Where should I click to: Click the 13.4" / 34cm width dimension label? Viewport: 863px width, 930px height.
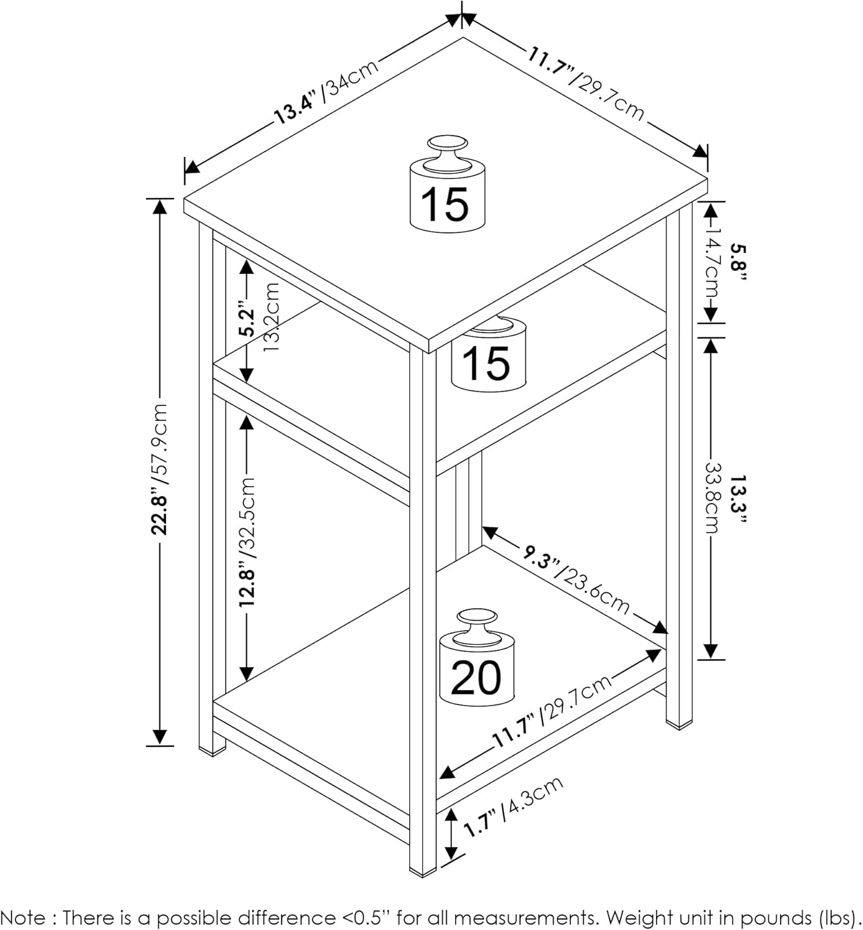tap(326, 92)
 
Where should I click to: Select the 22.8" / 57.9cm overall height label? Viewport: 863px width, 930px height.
tap(159, 469)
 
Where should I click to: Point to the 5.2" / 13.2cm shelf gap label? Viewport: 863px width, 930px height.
tap(259, 317)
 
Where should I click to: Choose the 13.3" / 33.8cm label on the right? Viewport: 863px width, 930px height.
tap(724, 498)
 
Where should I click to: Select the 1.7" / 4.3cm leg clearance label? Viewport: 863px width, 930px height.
tap(513, 807)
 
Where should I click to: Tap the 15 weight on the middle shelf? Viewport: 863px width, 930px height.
tap(489, 355)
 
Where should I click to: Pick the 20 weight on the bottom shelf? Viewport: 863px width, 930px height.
tap(477, 657)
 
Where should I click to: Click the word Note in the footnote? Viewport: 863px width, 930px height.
tap(23, 918)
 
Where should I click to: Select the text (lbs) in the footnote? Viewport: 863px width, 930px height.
tap(838, 918)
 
